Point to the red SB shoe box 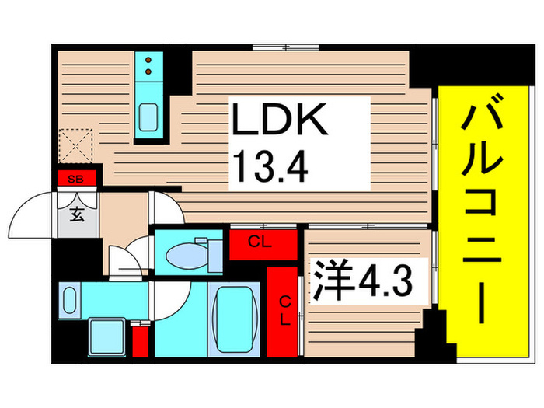click(75, 180)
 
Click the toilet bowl click(183, 253)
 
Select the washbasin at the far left click(70, 299)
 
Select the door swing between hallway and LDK click(164, 208)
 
